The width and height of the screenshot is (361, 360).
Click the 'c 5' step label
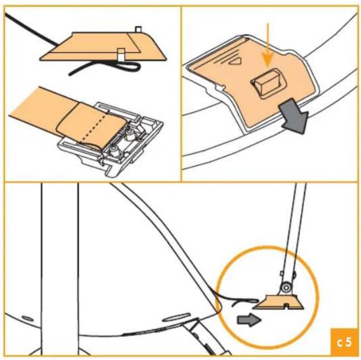tap(344, 342)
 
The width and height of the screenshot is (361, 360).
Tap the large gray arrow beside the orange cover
tap(294, 115)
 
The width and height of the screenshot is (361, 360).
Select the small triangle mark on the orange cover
tap(235, 61)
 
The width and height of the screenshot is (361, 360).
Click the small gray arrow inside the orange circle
tap(249, 320)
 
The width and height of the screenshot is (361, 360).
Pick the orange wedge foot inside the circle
tap(278, 302)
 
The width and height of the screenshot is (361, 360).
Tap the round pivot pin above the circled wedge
tap(286, 287)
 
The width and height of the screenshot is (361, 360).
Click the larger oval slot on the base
tap(176, 317)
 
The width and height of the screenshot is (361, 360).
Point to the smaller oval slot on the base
tap(27, 318)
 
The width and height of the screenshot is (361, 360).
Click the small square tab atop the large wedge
tap(138, 29)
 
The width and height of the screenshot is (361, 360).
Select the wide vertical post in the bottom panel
tap(59, 269)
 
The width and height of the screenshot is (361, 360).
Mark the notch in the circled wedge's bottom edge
tap(286, 306)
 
